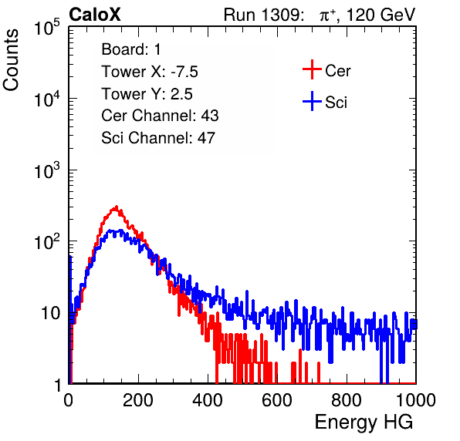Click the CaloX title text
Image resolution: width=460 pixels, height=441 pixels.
tap(95, 15)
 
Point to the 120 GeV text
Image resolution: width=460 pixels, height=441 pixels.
tap(381, 15)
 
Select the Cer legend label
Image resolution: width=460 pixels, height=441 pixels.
tap(337, 71)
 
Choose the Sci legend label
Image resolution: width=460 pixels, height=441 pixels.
tap(336, 103)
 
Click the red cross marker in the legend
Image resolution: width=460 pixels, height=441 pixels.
tap(312, 69)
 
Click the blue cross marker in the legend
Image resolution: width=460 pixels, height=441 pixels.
tap(312, 101)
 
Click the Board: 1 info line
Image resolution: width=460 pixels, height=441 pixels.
tap(131, 49)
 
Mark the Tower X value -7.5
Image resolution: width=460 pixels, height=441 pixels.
tap(184, 72)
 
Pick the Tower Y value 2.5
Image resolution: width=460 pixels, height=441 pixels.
tap(181, 94)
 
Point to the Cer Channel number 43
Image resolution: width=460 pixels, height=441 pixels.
tap(210, 116)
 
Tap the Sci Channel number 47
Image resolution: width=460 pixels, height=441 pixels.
tap(206, 138)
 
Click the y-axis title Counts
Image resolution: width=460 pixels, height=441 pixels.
tap(11, 60)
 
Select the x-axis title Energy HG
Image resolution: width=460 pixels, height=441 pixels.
tap(364, 422)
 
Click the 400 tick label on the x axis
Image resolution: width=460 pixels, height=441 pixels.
tap(208, 400)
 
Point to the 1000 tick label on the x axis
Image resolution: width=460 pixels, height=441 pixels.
tap(416, 400)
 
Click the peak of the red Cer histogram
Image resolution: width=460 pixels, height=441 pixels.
tap(117, 207)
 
